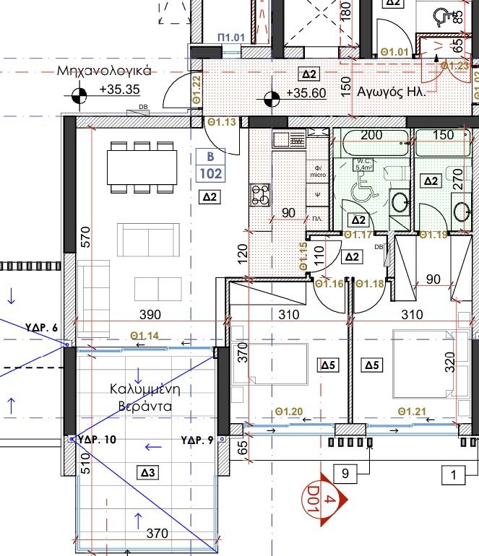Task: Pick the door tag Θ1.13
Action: point(222,123)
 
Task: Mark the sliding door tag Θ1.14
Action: point(144,335)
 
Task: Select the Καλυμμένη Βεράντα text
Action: point(144,397)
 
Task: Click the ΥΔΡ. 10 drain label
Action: point(97,439)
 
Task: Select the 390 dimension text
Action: point(149,315)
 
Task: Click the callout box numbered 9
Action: point(345,474)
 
